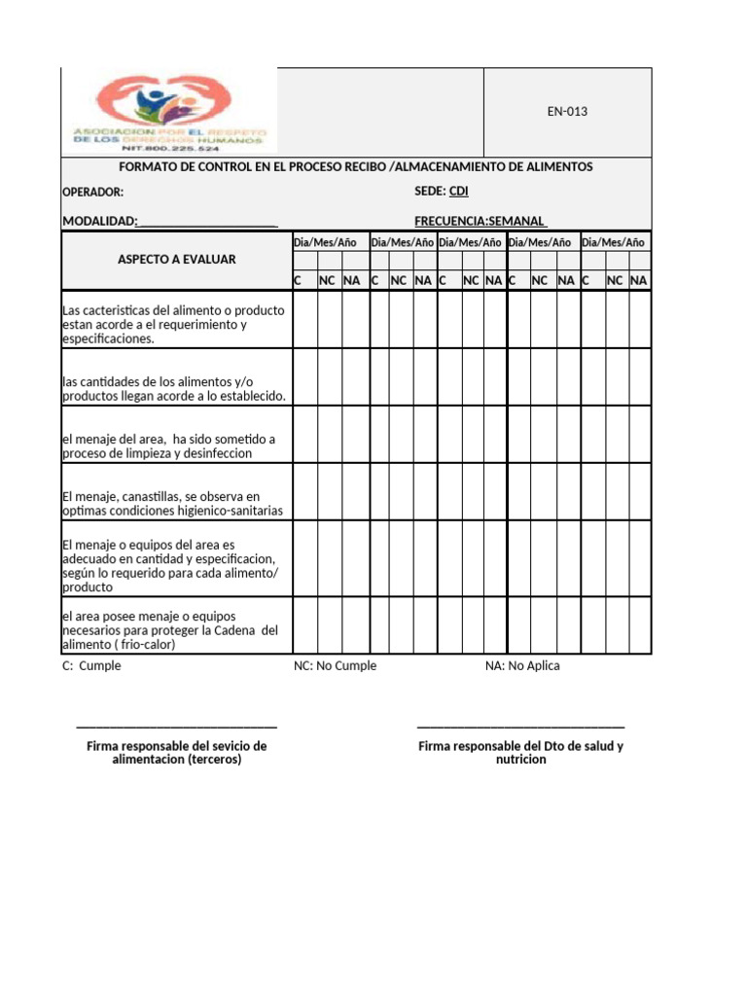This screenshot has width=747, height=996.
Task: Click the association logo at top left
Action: click(x=169, y=112)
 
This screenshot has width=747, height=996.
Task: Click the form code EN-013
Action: click(x=567, y=112)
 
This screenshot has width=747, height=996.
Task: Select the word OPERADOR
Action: click(x=92, y=193)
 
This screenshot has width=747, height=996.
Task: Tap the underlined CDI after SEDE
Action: click(x=458, y=192)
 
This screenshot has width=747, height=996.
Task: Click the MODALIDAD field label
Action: click(x=99, y=221)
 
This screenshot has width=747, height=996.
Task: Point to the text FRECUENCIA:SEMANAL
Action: click(x=480, y=221)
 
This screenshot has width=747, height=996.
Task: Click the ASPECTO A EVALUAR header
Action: click(x=177, y=260)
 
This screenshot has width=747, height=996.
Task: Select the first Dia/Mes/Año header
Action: click(x=326, y=242)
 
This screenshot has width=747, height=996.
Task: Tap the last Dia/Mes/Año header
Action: click(x=614, y=242)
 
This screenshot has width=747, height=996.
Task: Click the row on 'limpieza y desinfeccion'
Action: click(x=167, y=446)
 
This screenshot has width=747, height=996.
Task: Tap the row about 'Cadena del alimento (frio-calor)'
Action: click(x=169, y=630)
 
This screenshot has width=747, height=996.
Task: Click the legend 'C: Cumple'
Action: click(x=91, y=666)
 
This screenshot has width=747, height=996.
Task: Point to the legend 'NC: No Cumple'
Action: click(x=336, y=666)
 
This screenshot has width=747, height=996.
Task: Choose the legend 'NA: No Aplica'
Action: click(x=522, y=666)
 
